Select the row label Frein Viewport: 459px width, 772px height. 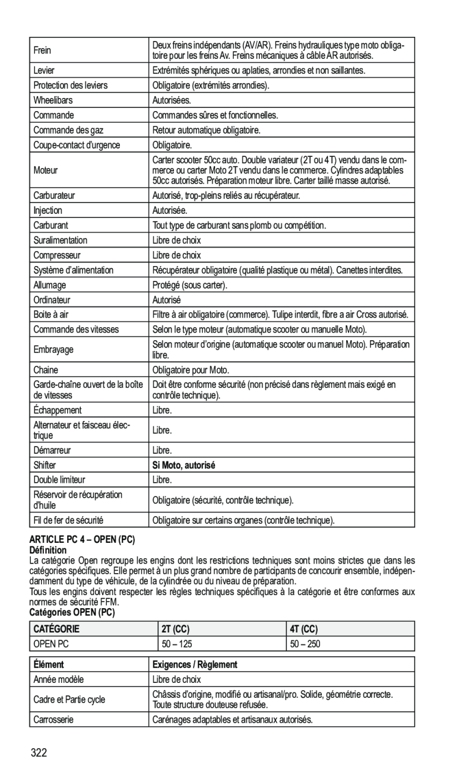click(42, 50)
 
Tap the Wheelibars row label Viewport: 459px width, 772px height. click(53, 100)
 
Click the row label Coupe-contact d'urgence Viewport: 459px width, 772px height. click(77, 145)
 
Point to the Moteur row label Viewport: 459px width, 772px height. click(46, 170)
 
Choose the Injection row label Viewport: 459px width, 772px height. click(48, 210)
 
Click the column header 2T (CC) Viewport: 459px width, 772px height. click(175, 628)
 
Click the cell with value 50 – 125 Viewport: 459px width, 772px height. click(177, 643)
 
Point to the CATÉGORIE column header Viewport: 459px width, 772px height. click(56, 628)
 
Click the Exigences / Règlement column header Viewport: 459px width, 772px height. click(195, 665)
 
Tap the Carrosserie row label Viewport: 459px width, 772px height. click(53, 719)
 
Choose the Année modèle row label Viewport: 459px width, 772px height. click(59, 679)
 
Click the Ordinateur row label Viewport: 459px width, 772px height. click(52, 300)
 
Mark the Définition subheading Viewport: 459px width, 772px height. click(48, 550)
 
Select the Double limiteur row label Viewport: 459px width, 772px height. click(59, 480)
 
